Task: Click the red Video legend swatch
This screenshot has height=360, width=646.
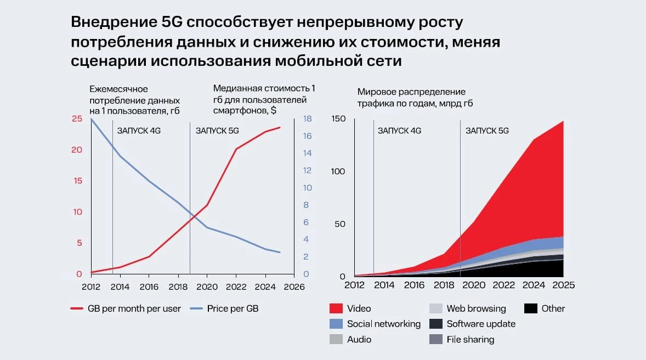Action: [336, 308]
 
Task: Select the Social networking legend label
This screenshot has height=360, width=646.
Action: [383, 324]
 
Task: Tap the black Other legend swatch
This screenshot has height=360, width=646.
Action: [531, 308]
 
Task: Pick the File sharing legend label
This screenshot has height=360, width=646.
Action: [471, 339]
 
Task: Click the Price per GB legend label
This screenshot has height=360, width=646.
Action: [233, 308]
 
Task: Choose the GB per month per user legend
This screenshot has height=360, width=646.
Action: [126, 308]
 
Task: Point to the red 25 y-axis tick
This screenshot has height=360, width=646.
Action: [77, 119]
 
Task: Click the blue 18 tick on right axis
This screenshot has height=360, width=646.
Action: [307, 119]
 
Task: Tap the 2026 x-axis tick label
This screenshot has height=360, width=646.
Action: [294, 286]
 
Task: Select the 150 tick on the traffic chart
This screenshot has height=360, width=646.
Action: [338, 119]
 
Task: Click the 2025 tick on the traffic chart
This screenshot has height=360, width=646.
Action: [563, 285]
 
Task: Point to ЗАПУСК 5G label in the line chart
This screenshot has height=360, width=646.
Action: [217, 131]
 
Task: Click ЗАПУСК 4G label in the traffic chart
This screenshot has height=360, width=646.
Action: [399, 131]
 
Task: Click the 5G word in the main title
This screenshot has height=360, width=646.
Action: [172, 22]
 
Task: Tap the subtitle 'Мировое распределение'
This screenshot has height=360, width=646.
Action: [411, 92]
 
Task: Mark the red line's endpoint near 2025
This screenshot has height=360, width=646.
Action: [280, 127]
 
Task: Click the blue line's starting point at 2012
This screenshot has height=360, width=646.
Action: [91, 119]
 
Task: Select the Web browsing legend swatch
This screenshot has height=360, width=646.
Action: [436, 308]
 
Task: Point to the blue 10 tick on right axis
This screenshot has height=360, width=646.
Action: [307, 188]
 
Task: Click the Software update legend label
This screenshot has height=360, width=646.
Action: [481, 324]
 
